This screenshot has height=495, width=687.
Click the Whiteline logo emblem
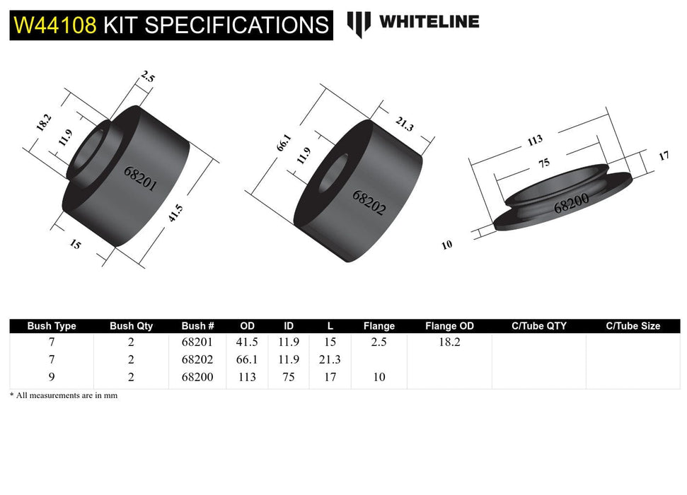[359, 23]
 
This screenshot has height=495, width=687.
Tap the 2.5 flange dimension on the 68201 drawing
[146, 78]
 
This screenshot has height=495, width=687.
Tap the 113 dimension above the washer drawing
[533, 141]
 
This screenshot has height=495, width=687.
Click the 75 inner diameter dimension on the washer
[543, 163]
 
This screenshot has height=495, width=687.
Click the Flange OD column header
[449, 326]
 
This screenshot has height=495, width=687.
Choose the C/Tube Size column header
[633, 326]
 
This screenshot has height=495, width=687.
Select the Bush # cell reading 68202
[197, 359]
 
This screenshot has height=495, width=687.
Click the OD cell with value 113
[247, 377]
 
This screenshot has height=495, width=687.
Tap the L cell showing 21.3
[330, 359]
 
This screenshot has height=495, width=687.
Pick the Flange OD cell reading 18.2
[449, 342]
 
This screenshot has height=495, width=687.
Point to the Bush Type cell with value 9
[51, 377]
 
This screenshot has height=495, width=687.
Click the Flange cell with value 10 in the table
[379, 377]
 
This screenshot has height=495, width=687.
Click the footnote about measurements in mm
[63, 395]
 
